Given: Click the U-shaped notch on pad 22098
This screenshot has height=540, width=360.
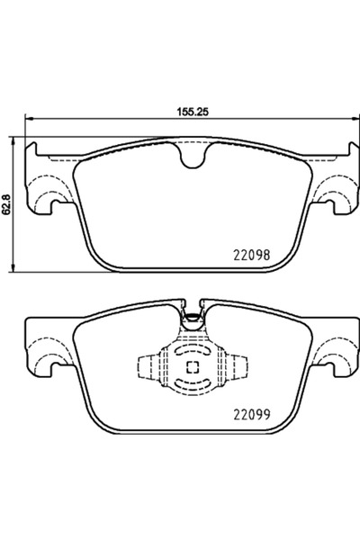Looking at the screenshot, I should coord(190,158).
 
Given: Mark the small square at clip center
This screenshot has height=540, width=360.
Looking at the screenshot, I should coord(190,365).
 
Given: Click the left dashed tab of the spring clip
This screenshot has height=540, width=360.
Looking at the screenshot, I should coord(148,365).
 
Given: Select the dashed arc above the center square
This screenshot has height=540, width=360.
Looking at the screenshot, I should coord(190,350).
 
